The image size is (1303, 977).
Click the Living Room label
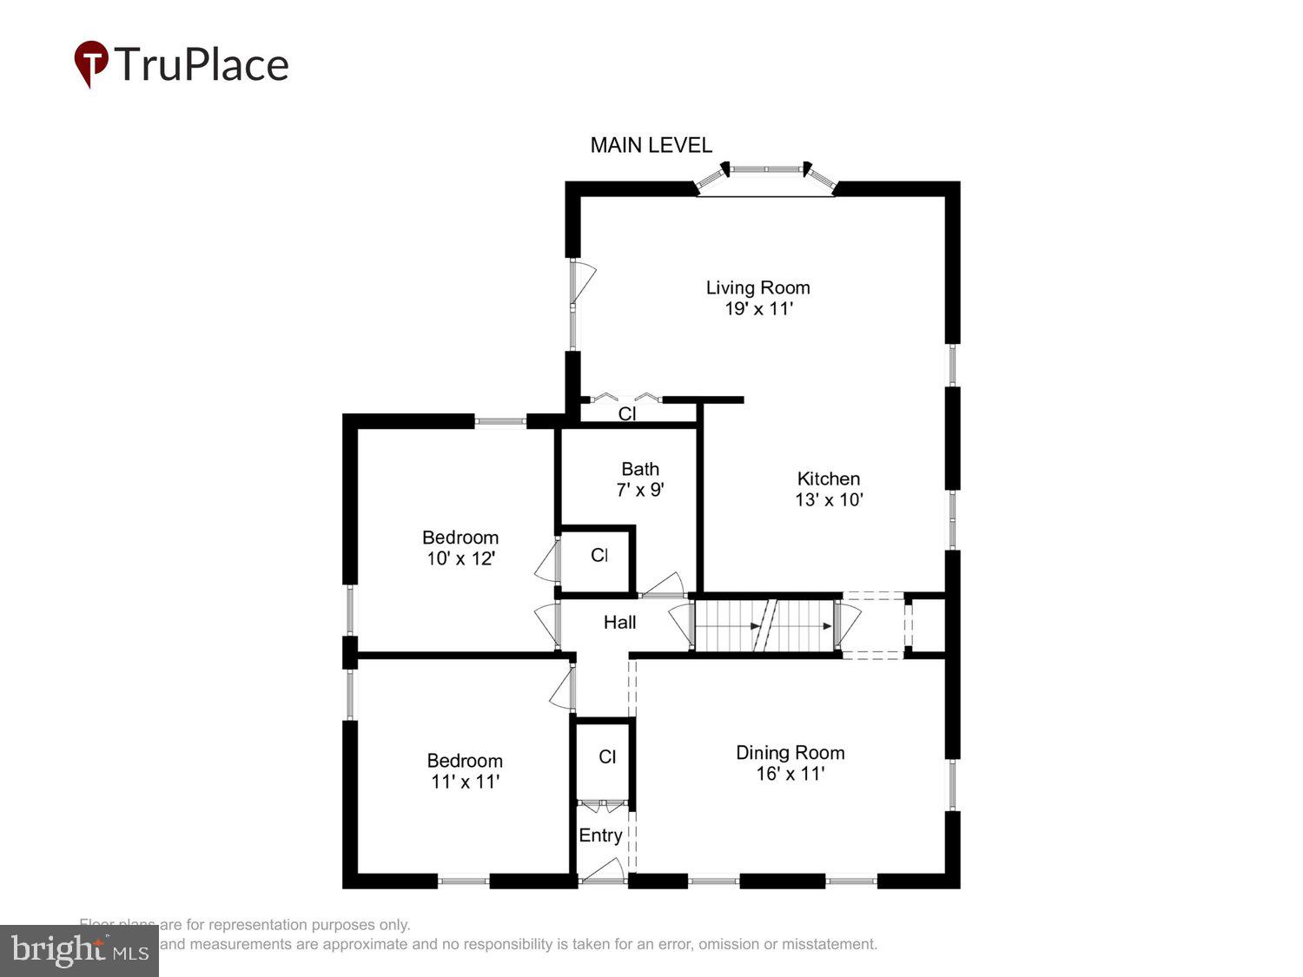coord(757,287)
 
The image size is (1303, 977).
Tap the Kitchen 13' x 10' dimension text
coord(829,500)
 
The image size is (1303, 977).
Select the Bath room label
coord(640,469)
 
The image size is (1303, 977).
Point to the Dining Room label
coord(790,753)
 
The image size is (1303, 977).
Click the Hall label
coord(619,623)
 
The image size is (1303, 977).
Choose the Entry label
coord(600,835)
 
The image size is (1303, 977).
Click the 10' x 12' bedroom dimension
coord(460,558)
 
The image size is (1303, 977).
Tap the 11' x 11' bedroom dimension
coord(465,782)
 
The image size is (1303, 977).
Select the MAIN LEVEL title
coord(651,145)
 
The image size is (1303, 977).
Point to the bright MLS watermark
coord(79,950)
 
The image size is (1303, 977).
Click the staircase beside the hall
coord(764,624)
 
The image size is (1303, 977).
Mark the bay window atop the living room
coord(765,178)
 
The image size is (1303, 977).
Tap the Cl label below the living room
coord(627,414)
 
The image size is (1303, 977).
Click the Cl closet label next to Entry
coord(607,757)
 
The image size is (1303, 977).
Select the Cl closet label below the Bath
coord(599,555)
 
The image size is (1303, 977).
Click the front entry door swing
coord(603,871)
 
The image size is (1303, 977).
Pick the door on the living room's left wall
coord(582,282)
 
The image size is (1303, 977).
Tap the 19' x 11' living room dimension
coord(758,309)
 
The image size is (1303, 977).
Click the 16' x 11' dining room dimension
coord(790,774)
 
